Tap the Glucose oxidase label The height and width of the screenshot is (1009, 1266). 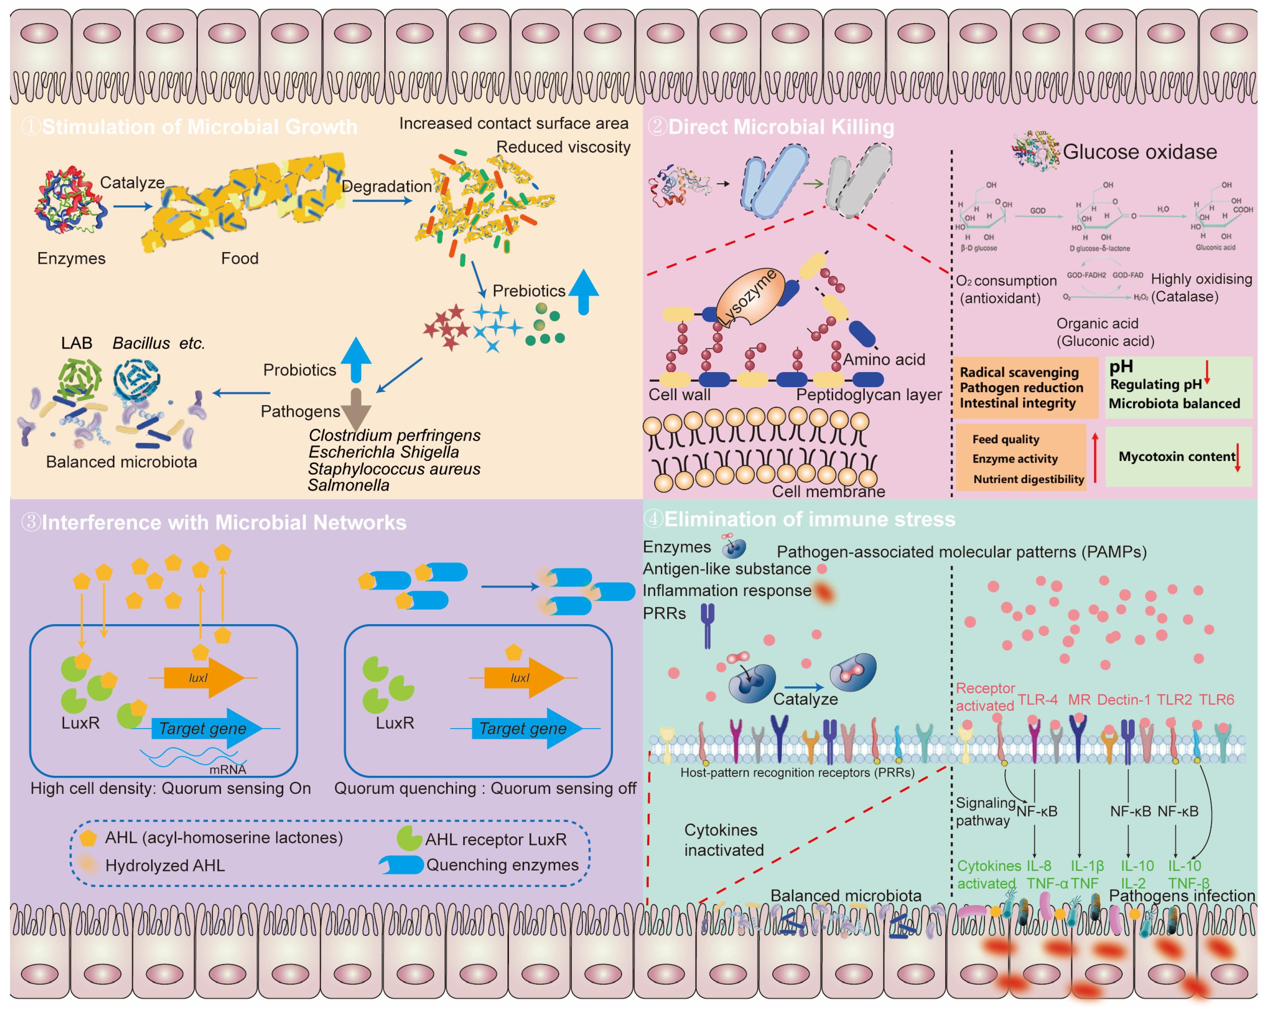click(x=1139, y=152)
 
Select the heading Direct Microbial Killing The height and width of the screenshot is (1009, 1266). click(x=781, y=127)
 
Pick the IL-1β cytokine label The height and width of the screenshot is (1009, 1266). click(x=1087, y=866)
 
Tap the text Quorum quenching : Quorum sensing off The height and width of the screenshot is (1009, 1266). click(x=485, y=788)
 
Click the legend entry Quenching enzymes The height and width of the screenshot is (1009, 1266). click(x=502, y=865)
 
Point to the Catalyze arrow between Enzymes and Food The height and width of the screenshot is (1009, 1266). click(x=133, y=206)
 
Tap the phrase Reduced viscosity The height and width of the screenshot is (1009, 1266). click(x=563, y=147)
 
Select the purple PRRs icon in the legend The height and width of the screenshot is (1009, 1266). click(x=708, y=626)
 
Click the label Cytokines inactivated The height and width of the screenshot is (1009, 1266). click(x=723, y=840)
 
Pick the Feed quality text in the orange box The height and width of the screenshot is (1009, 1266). click(x=1005, y=439)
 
